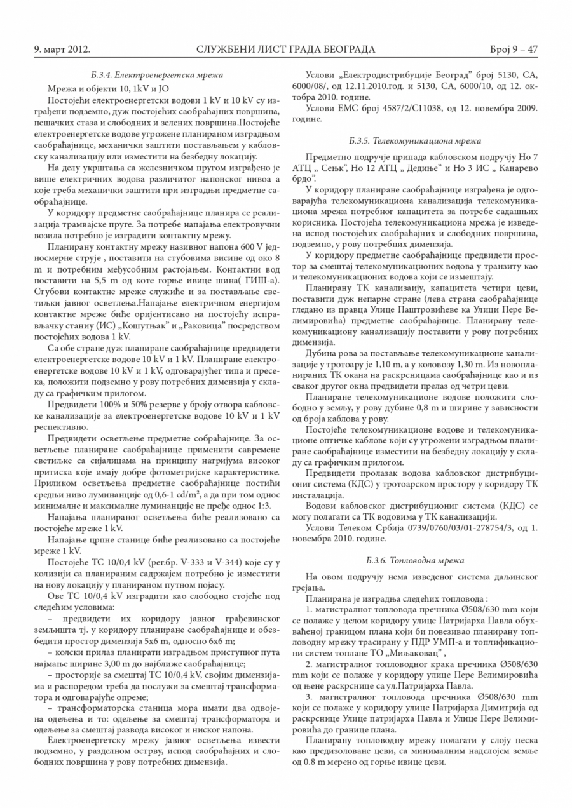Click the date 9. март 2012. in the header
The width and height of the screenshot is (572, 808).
coord(62,49)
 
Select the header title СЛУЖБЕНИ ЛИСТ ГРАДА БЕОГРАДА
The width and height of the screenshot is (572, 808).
coord(286,49)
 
